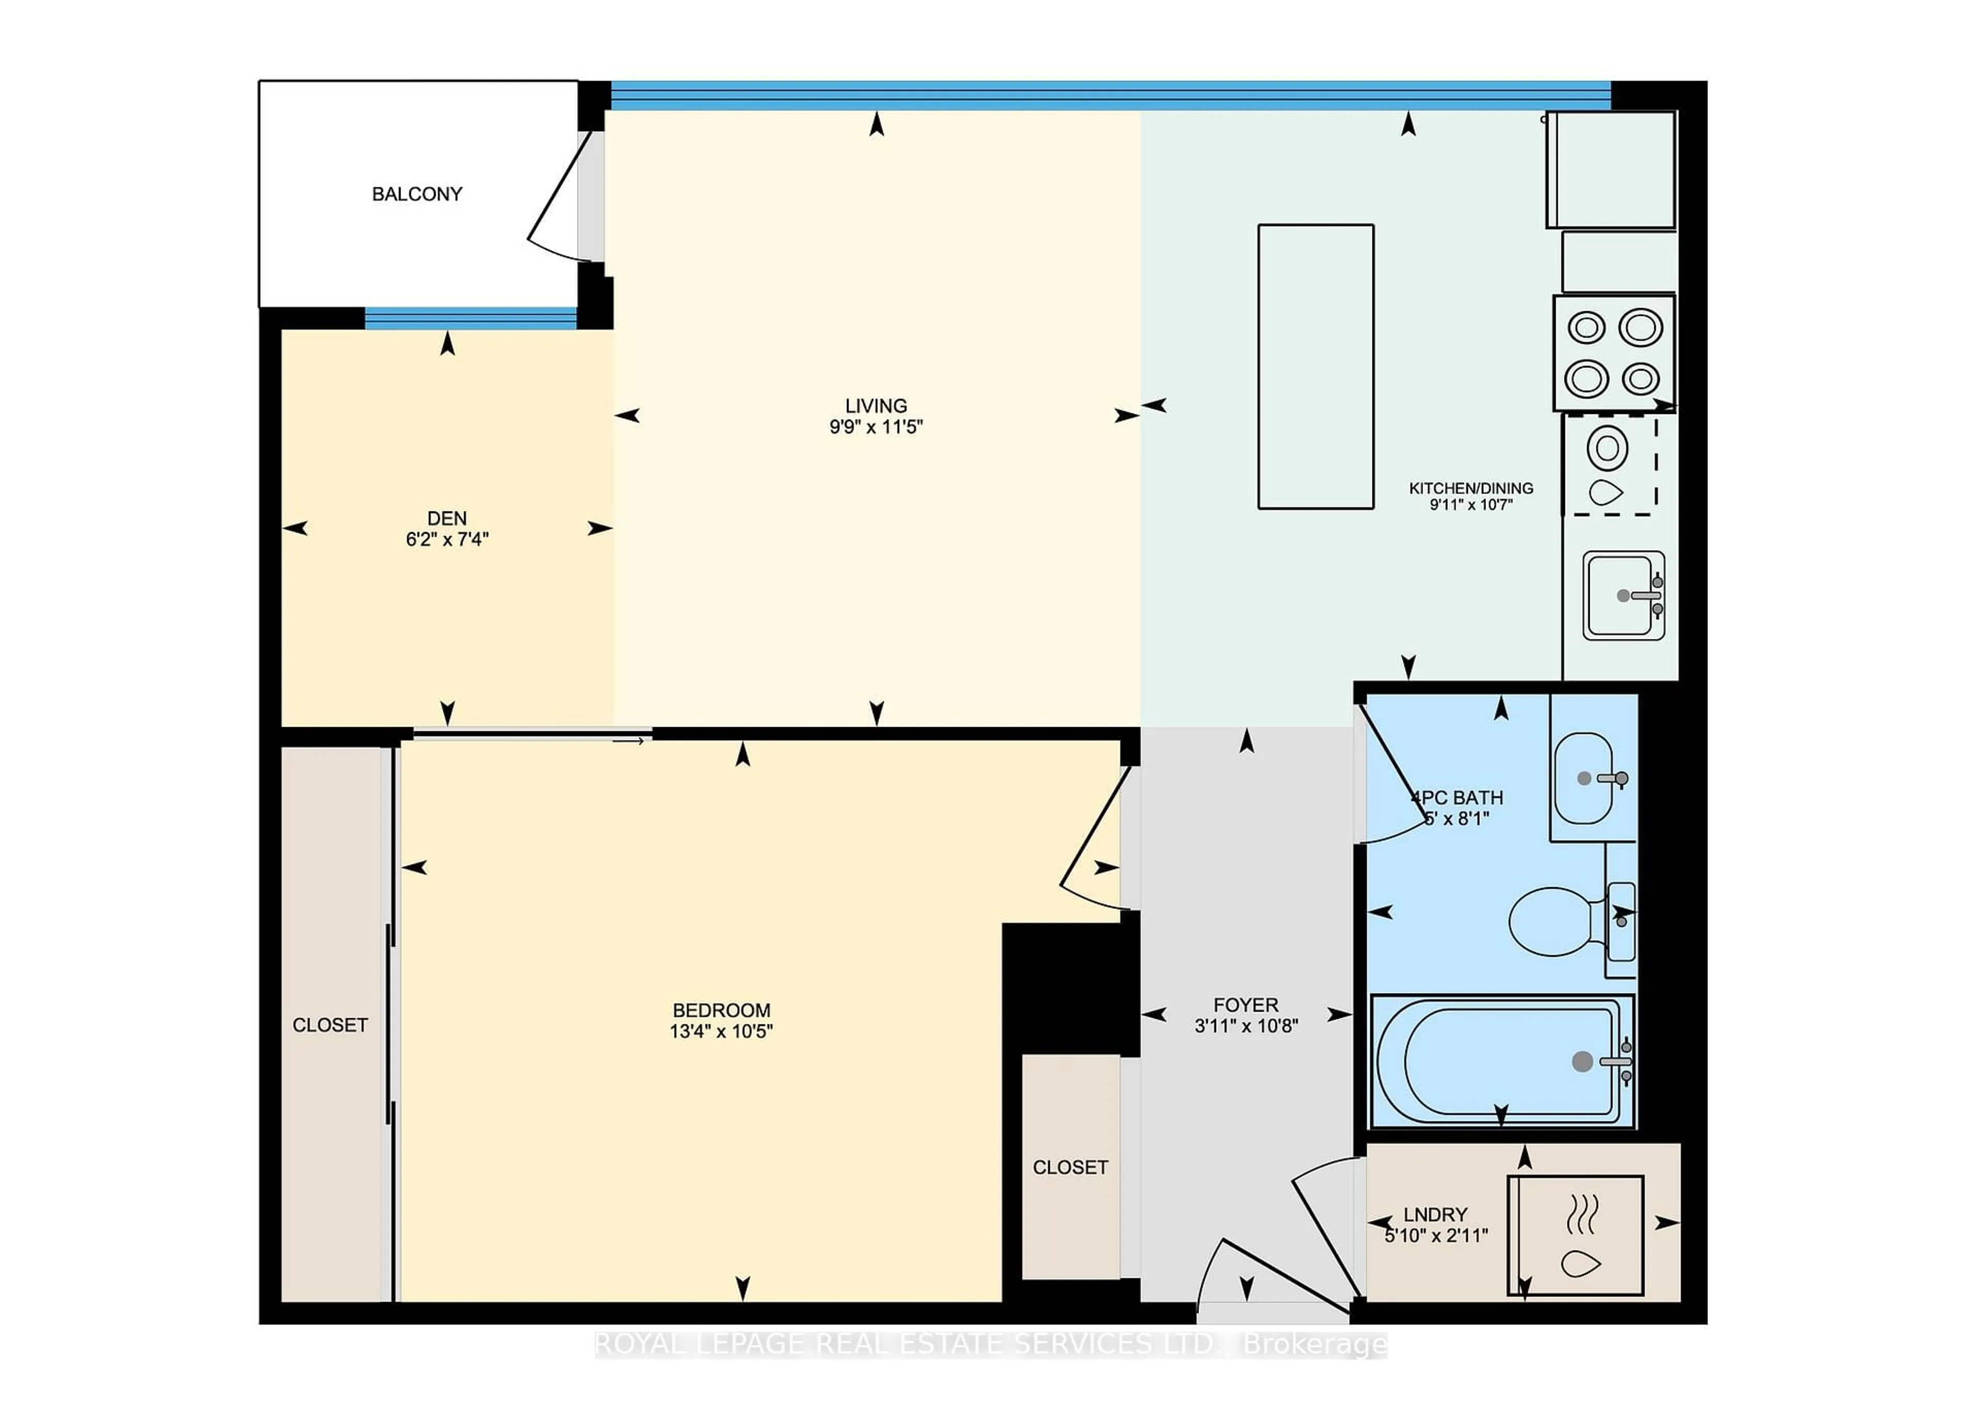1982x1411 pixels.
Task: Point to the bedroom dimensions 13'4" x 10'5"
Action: (x=721, y=1031)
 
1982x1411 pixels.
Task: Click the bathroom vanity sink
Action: (x=1583, y=778)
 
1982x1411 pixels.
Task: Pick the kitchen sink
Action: (x=1621, y=596)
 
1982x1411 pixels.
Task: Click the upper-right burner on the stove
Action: (x=1640, y=328)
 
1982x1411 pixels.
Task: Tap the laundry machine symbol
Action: (x=1574, y=1236)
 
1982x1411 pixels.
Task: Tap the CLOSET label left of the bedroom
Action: (x=330, y=1025)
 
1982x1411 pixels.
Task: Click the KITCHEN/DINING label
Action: (x=1470, y=488)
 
